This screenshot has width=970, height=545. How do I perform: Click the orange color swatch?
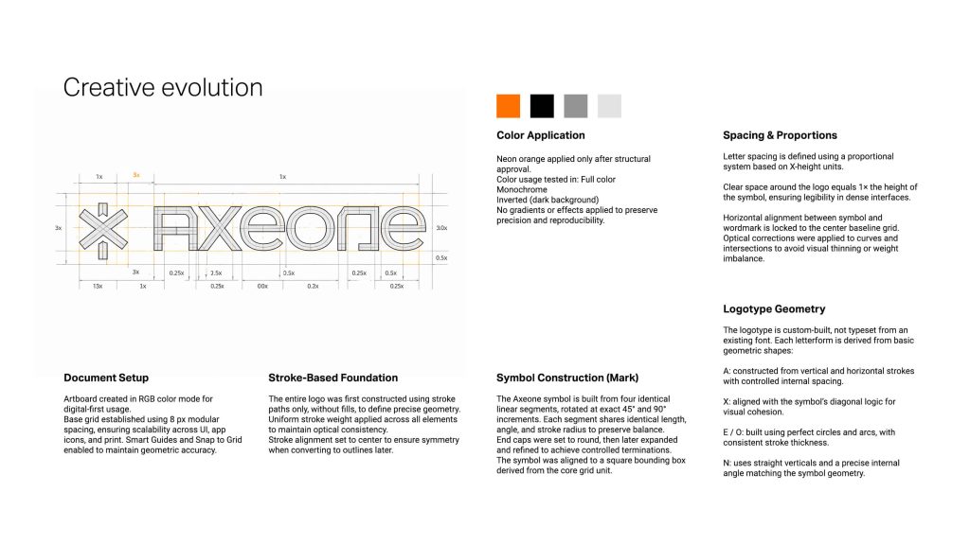[509, 106]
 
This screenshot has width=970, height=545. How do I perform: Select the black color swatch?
[542, 106]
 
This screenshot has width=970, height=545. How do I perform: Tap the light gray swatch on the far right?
[609, 106]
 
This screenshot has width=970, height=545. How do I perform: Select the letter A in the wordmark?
[177, 228]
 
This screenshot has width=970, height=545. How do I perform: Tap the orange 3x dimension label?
[136, 176]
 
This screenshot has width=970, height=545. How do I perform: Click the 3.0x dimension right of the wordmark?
[440, 228]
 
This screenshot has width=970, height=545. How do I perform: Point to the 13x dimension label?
[98, 286]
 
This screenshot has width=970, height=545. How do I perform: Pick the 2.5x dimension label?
[216, 272]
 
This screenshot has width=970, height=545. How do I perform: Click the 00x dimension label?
[262, 286]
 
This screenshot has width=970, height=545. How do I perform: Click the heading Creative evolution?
[162, 88]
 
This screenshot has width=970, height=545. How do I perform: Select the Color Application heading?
[540, 135]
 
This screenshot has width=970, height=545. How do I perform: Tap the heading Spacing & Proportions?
[780, 135]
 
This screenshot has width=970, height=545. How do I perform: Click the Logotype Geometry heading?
[774, 308]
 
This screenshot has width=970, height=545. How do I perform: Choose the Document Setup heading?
[106, 378]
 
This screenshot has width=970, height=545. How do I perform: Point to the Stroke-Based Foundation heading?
[332, 378]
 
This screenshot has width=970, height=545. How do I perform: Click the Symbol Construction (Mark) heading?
[566, 378]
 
